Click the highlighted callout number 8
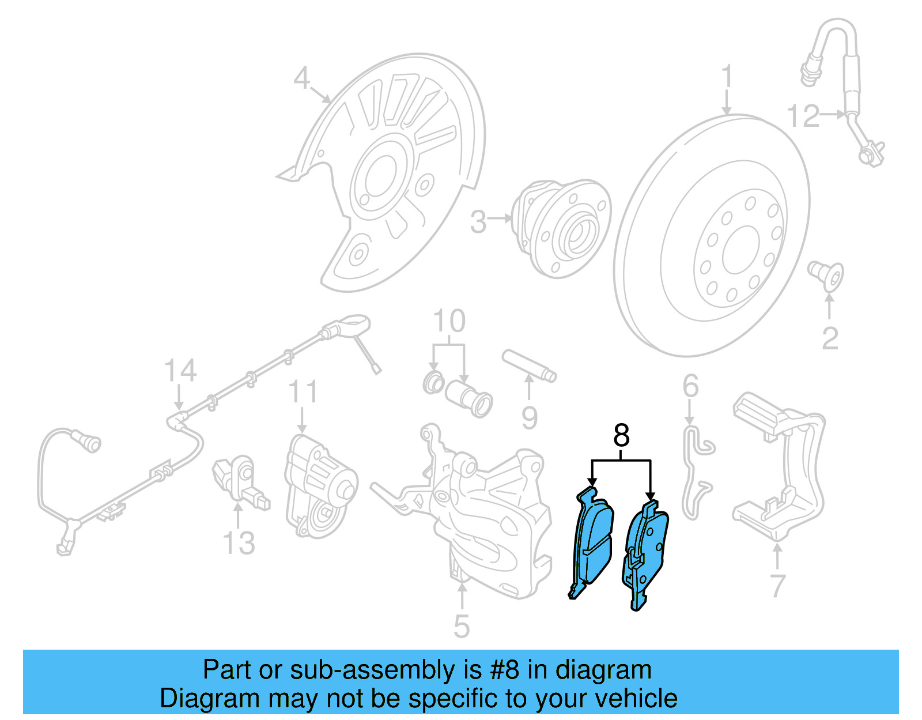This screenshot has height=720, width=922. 621,436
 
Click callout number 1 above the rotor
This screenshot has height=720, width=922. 727,77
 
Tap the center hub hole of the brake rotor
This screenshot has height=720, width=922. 740,250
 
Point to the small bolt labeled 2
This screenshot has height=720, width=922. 826,276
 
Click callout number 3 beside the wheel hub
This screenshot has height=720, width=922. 478,222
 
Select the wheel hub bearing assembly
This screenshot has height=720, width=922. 562,228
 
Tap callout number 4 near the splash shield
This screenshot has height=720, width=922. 302,78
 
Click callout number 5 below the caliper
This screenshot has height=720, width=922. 461,626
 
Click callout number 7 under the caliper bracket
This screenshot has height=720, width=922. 777,586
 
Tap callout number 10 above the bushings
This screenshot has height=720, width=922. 449,321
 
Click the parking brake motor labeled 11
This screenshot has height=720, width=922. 320,487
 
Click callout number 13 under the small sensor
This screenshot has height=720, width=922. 239,543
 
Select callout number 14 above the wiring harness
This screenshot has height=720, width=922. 180,371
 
